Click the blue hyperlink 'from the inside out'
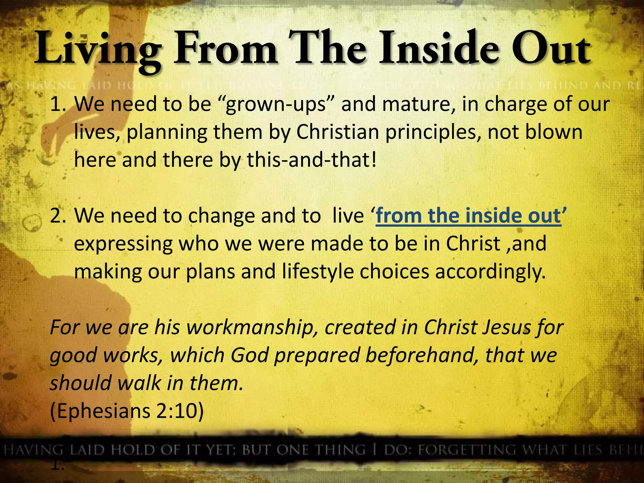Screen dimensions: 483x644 coord(469,216)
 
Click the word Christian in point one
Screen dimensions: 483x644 coord(337,132)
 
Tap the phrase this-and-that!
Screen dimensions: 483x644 coord(312,160)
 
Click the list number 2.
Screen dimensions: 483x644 coord(57,216)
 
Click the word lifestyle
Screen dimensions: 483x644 coord(318,271)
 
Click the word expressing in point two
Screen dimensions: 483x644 coord(123,244)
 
